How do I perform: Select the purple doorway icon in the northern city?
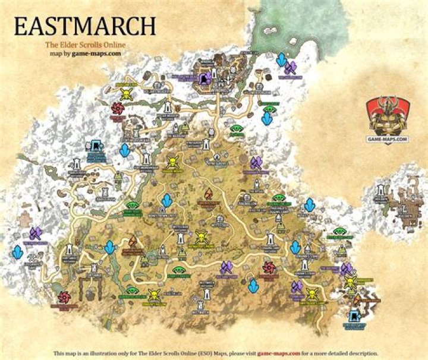coord(205,77)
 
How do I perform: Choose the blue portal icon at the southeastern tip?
coord(354,315)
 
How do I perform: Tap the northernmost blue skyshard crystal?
coord(281,59)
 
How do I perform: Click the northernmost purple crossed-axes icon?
coord(291,67)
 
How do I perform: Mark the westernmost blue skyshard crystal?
coord(18,252)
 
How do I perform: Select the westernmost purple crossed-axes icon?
coord(34,233)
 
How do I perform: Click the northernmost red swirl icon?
coord(117,108)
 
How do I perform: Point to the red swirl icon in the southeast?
coord(268,267)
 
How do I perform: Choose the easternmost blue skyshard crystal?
coord(310,206)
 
